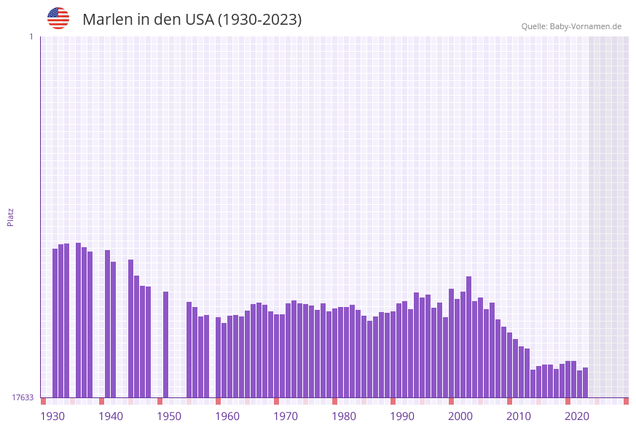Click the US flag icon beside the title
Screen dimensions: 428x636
58,18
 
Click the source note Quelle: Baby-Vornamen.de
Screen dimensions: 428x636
571,26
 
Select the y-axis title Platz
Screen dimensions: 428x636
11,217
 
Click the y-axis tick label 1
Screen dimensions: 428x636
31,36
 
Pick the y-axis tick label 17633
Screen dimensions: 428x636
23,397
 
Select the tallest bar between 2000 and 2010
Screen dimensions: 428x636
468,336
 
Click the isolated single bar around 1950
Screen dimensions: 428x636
165,344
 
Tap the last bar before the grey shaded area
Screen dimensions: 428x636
585,382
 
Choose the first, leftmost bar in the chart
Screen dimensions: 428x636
55,322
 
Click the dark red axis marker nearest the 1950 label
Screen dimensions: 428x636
160,401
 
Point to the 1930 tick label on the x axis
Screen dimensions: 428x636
52,416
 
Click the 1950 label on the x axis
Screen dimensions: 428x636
169,416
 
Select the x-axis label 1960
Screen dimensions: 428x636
227,416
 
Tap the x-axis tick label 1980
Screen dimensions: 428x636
344,416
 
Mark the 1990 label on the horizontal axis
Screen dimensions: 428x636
402,416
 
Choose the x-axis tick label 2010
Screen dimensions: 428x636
519,416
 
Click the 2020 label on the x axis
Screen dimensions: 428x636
577,416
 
